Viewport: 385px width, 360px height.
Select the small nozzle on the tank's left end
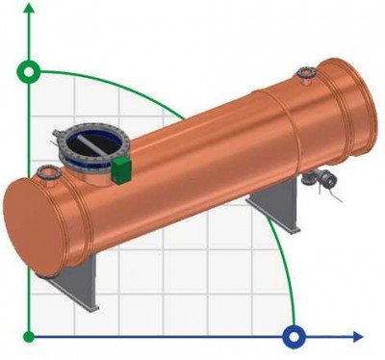(x=44, y=174)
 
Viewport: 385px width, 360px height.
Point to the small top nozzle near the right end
(x=306, y=72)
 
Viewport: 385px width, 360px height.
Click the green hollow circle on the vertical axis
(x=30, y=71)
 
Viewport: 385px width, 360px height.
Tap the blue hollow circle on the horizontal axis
(x=295, y=337)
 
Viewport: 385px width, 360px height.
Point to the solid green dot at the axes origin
(x=30, y=337)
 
